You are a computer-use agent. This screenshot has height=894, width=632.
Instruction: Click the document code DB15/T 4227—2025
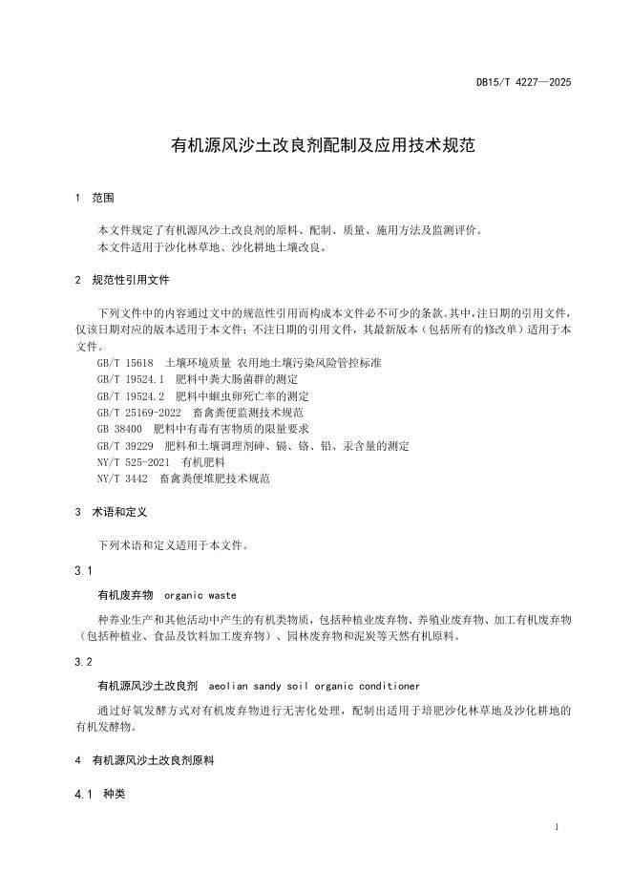click(524, 83)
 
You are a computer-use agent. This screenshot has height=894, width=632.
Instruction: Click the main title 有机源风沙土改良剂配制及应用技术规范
click(315, 147)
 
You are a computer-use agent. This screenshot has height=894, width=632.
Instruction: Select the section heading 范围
click(102, 198)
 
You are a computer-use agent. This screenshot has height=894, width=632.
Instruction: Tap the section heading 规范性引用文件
click(132, 281)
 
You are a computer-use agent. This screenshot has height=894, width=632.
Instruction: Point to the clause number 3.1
click(82, 570)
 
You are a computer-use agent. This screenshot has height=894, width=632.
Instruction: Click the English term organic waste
click(200, 594)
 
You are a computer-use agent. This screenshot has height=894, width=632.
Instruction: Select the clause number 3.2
click(82, 661)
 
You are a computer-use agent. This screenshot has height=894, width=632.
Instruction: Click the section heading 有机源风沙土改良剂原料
click(154, 760)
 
